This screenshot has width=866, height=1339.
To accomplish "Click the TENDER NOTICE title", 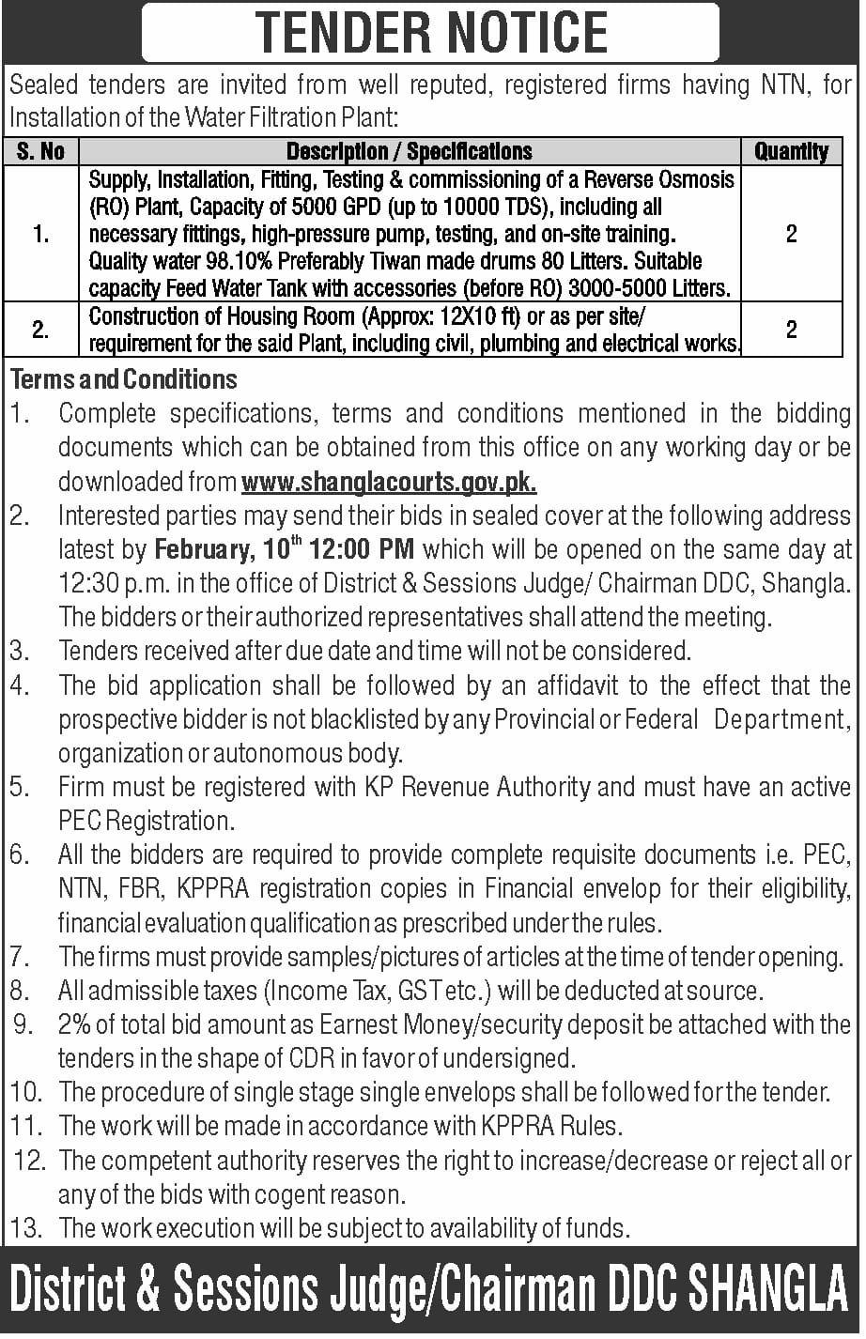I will tap(432, 33).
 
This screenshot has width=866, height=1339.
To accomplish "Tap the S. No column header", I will tap(40, 151).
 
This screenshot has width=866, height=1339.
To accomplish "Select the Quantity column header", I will tap(791, 151).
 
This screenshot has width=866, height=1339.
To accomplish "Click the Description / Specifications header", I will tap(409, 151).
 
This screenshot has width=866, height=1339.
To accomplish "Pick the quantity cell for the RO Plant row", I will tap(791, 234).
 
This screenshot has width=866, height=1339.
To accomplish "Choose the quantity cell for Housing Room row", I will tap(791, 329).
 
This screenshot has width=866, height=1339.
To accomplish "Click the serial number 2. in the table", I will tap(40, 330).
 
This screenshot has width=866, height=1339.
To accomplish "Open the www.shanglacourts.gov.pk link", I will tap(389, 483).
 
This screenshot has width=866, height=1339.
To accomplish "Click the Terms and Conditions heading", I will tap(123, 379).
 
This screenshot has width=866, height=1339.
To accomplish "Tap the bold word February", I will tap(202, 549).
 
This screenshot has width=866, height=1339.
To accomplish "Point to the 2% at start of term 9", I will tap(74, 1024).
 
